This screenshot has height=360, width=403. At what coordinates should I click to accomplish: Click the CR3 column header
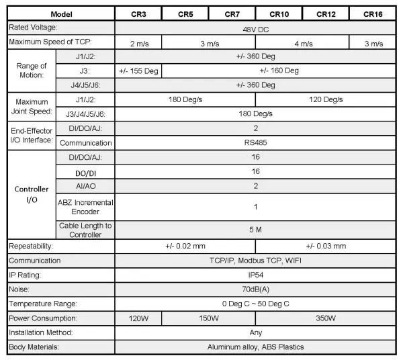coord(138,13)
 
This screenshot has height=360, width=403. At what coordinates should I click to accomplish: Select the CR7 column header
coord(232,13)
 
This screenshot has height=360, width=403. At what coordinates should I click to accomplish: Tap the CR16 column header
coord(373,13)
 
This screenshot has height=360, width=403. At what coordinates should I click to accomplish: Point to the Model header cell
coord(60,13)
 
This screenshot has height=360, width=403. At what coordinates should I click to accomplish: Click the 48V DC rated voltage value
coord(255,28)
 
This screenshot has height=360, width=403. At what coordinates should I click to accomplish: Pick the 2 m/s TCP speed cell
coord(138,43)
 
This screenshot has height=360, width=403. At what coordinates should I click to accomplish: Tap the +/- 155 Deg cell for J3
coord(138,71)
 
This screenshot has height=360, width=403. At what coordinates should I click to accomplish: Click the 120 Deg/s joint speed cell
coord(326,99)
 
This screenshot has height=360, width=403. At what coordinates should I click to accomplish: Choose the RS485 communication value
coord(255,142)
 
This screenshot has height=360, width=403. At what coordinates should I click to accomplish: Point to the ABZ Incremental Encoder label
coord(85,207)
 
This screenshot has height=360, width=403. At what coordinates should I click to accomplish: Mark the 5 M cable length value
coord(255,230)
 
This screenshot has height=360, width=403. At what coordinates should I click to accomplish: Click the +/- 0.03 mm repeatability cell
coord(326,246)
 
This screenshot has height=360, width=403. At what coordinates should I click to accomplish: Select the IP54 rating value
coord(255,275)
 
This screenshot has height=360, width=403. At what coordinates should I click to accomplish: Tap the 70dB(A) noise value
coord(255,289)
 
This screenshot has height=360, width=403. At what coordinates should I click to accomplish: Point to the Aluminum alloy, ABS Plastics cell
coord(255,347)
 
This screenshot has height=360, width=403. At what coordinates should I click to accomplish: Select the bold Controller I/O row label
coord(32,194)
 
